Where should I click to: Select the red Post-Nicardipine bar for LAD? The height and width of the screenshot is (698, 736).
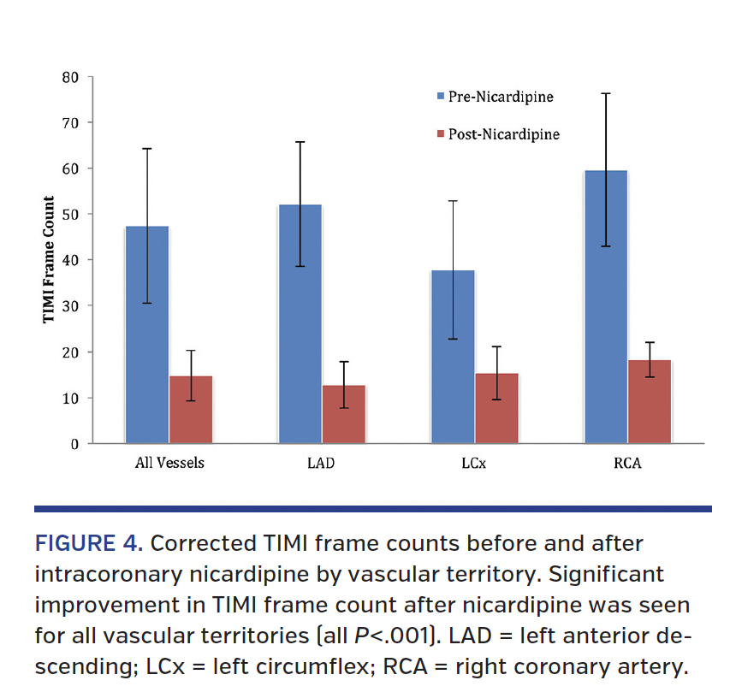point(343,415)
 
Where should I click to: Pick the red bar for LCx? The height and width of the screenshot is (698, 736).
point(496,409)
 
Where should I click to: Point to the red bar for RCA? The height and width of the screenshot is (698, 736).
point(649,402)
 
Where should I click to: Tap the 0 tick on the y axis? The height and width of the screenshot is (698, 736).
point(74,444)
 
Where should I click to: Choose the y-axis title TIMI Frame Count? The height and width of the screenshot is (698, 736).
point(49,259)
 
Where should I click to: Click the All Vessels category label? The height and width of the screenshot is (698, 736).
point(169,464)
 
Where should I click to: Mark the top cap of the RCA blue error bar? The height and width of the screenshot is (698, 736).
point(605,93)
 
